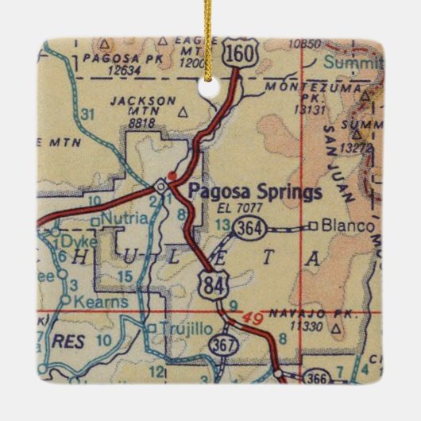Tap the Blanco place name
(348, 226)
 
